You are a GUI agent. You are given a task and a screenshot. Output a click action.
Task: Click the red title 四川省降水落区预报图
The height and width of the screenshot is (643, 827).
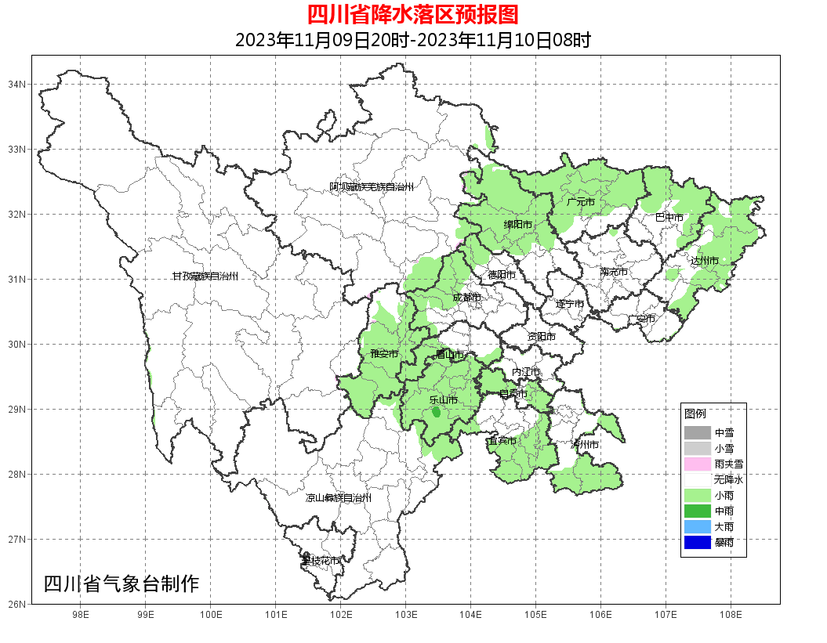(413, 14)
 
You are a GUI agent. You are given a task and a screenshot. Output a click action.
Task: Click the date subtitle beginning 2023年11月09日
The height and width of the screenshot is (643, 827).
(413, 40)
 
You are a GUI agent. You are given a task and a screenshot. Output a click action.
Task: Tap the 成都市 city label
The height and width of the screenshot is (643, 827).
(467, 298)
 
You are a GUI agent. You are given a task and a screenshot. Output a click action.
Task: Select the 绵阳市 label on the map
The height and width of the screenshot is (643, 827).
(517, 225)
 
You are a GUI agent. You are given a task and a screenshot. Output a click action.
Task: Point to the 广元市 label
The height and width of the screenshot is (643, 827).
(581, 202)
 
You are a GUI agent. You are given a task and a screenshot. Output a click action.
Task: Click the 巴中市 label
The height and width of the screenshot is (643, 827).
(669, 217)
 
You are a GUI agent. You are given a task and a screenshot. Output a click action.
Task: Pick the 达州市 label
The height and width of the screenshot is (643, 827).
(705, 260)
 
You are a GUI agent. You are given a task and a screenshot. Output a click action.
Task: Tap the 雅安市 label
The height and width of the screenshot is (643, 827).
(384, 355)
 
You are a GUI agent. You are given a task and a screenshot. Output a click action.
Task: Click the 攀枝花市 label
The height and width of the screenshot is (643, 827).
(321, 561)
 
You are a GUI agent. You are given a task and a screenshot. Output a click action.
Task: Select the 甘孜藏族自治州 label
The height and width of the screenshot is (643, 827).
(205, 276)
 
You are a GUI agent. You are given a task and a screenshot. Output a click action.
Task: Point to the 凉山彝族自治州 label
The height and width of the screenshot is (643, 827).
(338, 498)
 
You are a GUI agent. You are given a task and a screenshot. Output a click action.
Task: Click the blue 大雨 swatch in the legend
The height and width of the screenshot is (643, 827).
(697, 526)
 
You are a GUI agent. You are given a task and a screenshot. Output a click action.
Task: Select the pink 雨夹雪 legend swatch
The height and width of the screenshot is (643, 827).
(697, 464)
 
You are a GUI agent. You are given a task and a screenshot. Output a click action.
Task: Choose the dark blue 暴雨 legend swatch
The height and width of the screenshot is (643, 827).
(697, 542)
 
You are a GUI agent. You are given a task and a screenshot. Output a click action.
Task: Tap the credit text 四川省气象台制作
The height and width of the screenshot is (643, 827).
(122, 583)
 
